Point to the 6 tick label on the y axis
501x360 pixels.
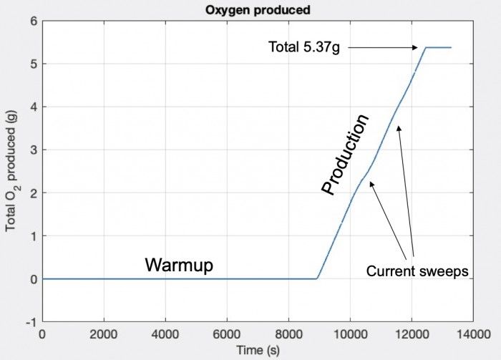[x=33, y=21]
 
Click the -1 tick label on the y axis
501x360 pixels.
[x=31, y=321]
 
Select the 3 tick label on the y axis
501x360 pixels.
[x=33, y=150]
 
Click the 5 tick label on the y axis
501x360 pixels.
[x=33, y=64]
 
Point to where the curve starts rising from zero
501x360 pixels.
[x=317, y=278]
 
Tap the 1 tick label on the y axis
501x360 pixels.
[x=33, y=235]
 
